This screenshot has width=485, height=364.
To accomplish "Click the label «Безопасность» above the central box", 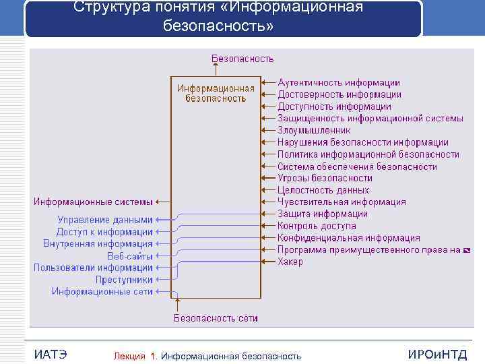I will click(243, 59).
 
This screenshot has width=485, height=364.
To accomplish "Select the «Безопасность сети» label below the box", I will click(216, 318).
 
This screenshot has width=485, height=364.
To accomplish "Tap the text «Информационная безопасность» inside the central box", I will click(216, 93).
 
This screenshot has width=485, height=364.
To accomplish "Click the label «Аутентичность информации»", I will click(339, 83).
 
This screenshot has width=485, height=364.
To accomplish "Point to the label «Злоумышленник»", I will click(314, 131).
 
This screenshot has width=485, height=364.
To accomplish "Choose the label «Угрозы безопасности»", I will click(325, 178).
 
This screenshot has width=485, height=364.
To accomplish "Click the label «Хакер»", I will click(290, 262).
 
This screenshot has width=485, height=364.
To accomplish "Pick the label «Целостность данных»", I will click(323, 190).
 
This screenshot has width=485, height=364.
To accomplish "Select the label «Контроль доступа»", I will click(317, 226).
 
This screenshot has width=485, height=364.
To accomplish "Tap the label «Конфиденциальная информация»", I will click(348, 238).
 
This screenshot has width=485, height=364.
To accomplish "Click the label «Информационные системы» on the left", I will click(94, 202).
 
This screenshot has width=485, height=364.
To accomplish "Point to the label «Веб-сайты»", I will click(130, 256).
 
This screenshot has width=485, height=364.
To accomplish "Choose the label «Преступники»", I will click(124, 280).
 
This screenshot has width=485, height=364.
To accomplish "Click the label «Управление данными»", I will click(105, 220).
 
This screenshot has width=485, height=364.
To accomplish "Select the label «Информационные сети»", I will click(102, 291).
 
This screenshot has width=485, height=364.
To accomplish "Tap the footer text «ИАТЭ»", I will click(51, 355).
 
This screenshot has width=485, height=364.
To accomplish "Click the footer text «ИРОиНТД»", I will click(437, 355).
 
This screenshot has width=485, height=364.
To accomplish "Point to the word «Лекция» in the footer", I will click(129, 356).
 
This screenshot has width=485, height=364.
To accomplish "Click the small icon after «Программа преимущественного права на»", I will click(467, 250).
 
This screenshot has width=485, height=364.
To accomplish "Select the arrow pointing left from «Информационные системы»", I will click(162, 202).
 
